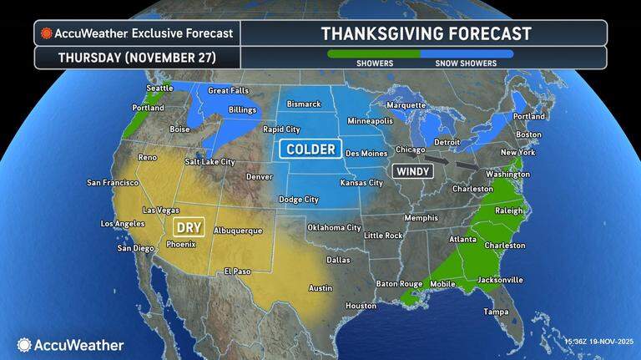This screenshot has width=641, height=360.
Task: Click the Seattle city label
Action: (158, 89)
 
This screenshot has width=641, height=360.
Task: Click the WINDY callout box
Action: (413, 170)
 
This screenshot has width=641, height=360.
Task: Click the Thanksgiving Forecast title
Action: (426, 33)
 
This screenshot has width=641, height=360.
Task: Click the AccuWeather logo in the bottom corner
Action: (70, 344)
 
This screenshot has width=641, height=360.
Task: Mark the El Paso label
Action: (239, 271)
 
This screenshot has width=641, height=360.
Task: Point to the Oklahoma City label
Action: (334, 227)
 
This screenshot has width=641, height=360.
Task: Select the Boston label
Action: (529, 134)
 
